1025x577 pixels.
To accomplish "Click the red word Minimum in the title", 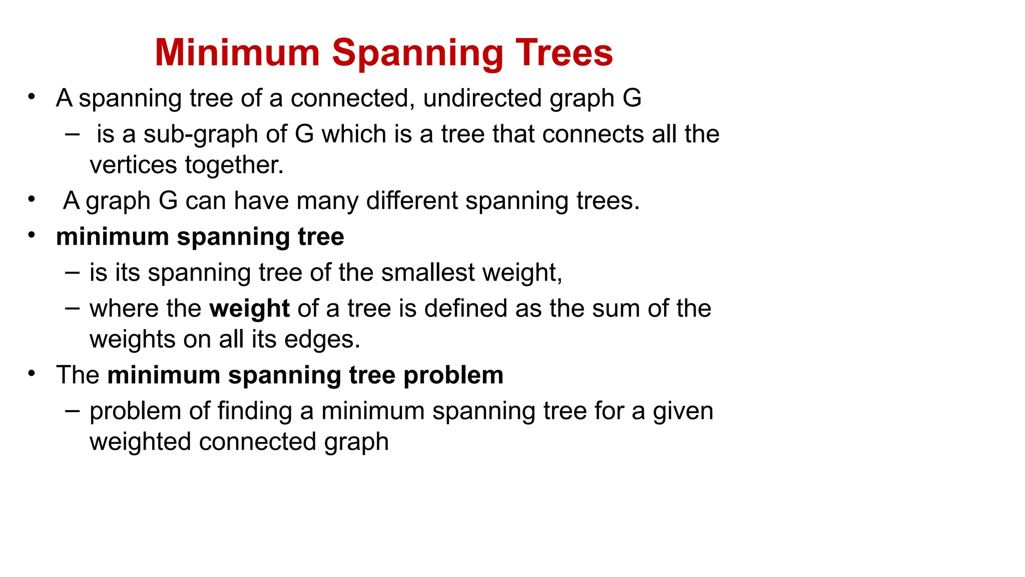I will coord(237,53).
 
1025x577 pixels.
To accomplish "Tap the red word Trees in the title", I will coord(564,53).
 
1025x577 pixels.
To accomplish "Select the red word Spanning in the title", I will coord(417,54).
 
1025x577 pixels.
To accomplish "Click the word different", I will coord(411,201).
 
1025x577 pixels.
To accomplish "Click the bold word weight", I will coord(249,309).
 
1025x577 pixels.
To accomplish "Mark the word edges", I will coord(322,340).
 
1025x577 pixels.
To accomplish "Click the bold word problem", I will coord(453,375).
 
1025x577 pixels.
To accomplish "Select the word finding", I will coord(255,412).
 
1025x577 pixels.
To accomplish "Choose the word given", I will coord(683,412).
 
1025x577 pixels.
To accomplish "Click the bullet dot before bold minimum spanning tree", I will coord(32,234).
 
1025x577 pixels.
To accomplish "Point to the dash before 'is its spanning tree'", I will coord(72,272).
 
